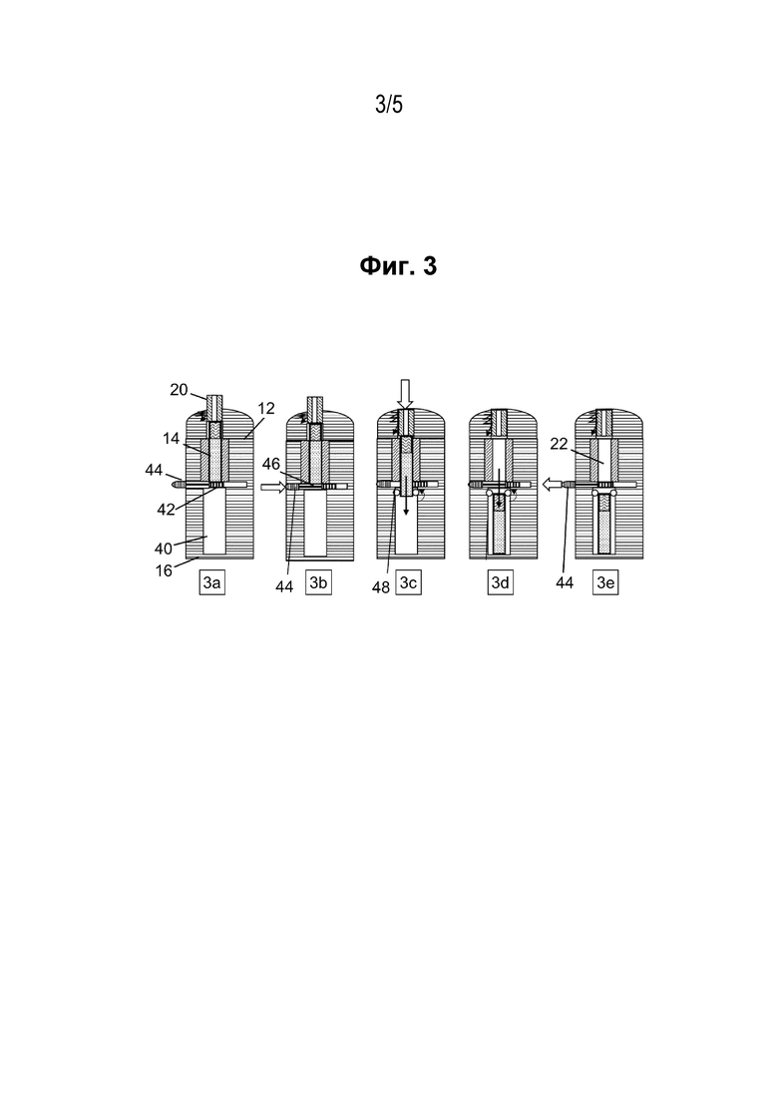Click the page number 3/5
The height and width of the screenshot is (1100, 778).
coord(389,106)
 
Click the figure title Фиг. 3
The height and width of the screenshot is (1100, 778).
coord(398,266)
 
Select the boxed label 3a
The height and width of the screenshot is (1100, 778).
coord(212,583)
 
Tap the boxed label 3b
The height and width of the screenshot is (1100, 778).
coord(318,583)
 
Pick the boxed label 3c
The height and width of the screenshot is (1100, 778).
coord(409,583)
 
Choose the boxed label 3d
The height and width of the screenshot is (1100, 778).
coord(500,583)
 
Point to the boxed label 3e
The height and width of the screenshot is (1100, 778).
coord(605,583)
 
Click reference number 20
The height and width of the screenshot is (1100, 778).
coord(179,389)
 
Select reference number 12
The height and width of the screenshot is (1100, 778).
coord(266,408)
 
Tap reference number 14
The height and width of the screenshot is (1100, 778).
coord(172,439)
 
